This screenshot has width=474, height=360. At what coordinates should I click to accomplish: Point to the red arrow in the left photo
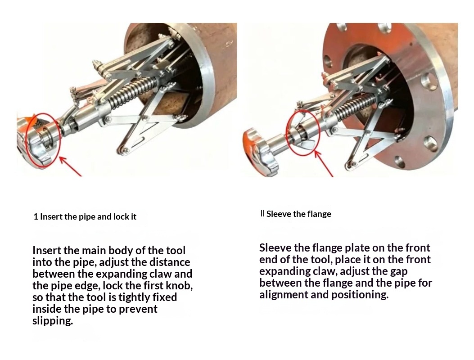click(70, 166)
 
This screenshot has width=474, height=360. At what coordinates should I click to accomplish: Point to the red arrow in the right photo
click(324, 163)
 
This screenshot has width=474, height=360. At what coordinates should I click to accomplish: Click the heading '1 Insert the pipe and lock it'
click(85, 217)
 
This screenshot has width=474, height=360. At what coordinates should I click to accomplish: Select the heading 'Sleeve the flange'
click(298, 214)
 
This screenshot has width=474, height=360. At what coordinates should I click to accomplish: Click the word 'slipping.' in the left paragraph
click(53, 321)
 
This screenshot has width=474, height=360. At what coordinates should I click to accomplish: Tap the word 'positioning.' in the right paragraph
click(360, 294)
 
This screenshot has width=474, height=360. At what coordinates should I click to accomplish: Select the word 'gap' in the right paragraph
click(399, 271)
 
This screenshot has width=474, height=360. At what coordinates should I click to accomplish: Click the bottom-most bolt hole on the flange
click(400, 162)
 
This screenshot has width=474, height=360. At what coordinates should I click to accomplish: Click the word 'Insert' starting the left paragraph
click(47, 250)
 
